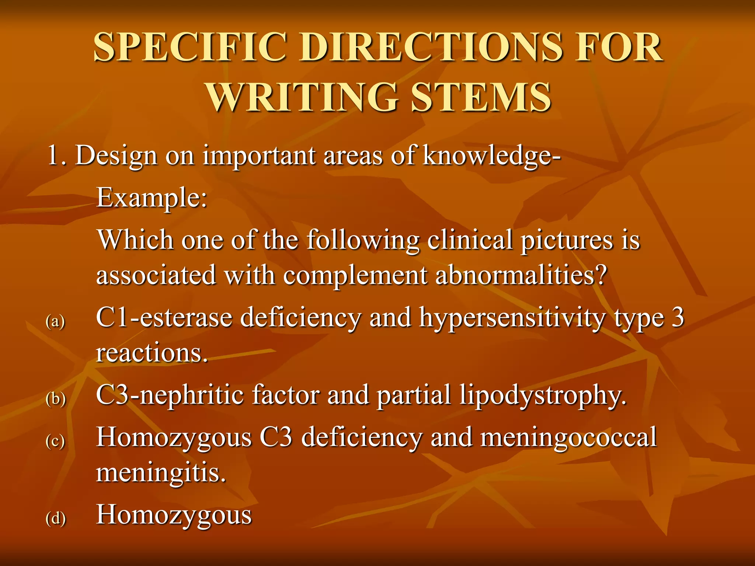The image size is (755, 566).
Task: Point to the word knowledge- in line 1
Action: pyautogui.click(x=492, y=156)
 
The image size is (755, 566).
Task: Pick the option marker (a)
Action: pyautogui.click(x=55, y=321)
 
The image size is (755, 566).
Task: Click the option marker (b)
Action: pyautogui.click(x=56, y=399)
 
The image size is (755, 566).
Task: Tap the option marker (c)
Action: pyautogui.click(x=55, y=441)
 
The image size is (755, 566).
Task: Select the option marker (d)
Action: pyautogui.click(x=56, y=518)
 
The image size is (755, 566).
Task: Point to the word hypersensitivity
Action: pyautogui.click(x=512, y=318)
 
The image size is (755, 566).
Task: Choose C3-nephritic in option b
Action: pyautogui.click(x=170, y=395)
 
